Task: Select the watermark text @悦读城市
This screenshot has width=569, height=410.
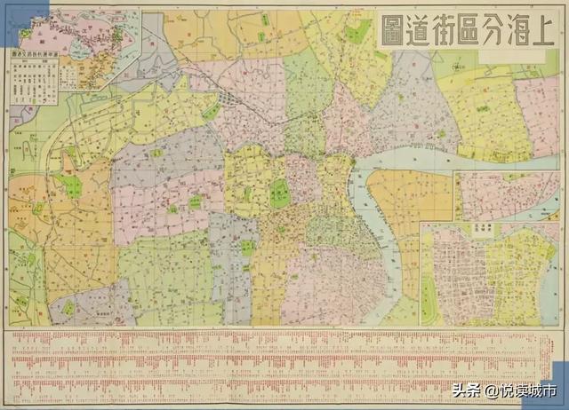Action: click(525, 390)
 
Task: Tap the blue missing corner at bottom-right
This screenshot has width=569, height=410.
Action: click(560, 377)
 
